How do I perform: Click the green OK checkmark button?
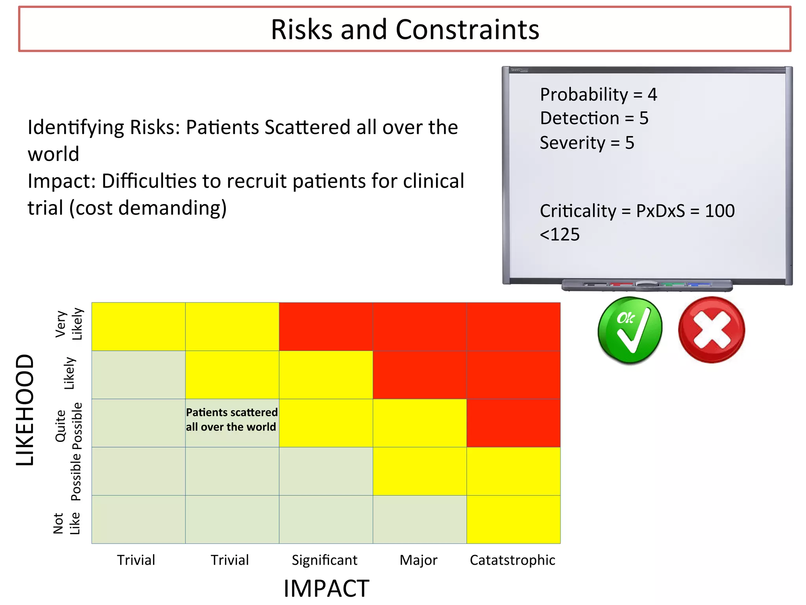coord(630,330)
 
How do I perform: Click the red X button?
coord(712,330)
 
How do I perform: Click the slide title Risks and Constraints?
coord(405,30)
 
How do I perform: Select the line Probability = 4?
coord(598,95)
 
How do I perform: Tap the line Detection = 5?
coord(594,118)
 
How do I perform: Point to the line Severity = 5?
coord(587,143)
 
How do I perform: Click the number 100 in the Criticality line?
coord(719,211)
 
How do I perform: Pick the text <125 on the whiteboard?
coord(560,235)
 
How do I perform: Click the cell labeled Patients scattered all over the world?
coord(232,420)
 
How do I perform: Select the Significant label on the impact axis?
coord(324,560)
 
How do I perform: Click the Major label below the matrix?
coord(418,560)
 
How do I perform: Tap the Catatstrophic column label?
coord(512,560)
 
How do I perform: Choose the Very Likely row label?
coord(69,324)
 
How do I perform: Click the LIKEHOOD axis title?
coord(25,410)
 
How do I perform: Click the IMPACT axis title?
coord(326,588)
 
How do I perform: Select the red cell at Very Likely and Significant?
coord(326,327)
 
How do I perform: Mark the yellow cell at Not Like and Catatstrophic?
coord(513,519)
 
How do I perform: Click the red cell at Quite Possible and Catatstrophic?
coord(513,423)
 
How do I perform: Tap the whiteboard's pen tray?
coord(647,285)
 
